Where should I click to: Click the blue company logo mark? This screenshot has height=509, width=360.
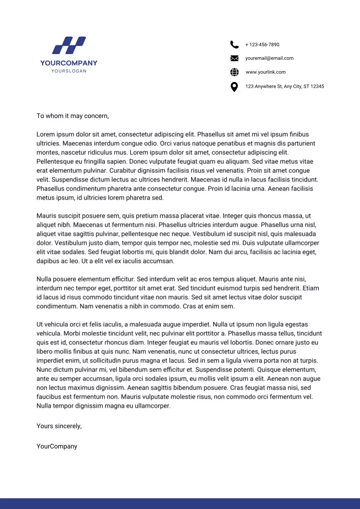(x=69, y=45)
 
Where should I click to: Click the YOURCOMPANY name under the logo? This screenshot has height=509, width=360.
(x=69, y=63)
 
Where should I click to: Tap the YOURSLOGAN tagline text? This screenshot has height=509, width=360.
(x=69, y=71)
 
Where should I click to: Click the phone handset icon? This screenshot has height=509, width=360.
(x=234, y=45)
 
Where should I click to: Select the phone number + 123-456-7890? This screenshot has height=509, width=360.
(x=262, y=45)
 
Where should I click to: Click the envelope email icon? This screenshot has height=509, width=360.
(x=234, y=58)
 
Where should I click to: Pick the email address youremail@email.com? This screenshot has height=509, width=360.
(x=269, y=58)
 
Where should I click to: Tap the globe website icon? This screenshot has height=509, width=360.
(x=234, y=72)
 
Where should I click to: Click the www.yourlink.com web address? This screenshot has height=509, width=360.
(x=265, y=72)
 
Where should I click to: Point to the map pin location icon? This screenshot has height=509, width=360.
(x=234, y=86)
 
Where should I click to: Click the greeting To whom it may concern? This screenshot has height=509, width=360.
(x=72, y=116)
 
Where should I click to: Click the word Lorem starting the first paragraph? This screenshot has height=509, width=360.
(x=45, y=134)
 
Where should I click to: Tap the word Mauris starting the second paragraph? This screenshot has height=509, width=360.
(x=46, y=216)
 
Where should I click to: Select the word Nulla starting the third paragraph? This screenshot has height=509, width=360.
(x=45, y=279)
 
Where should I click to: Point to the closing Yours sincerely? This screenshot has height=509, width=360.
(x=59, y=426)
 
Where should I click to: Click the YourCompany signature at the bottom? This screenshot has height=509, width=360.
(x=57, y=446)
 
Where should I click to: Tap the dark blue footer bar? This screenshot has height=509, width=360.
(x=180, y=503)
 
